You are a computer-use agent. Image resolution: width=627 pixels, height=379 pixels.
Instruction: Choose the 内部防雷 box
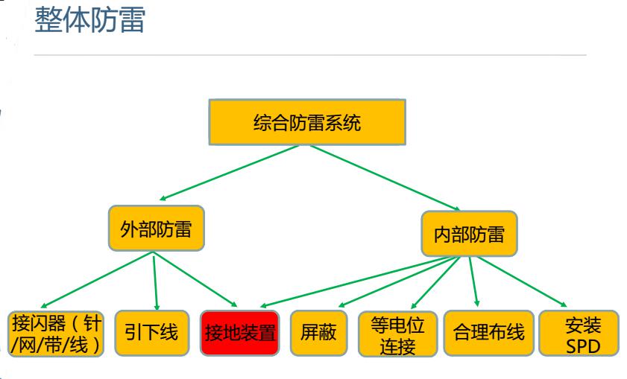[x=469, y=235]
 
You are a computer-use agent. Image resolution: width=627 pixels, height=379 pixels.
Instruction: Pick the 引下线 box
[x=151, y=331]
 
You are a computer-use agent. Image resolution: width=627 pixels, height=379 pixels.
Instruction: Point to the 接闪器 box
[x=57, y=332]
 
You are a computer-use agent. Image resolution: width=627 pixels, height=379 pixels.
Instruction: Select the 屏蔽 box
[x=319, y=332]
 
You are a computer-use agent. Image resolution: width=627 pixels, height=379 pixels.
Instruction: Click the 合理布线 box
[x=485, y=332]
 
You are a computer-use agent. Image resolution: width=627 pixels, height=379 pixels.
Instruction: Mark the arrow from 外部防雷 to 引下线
[x=156, y=280]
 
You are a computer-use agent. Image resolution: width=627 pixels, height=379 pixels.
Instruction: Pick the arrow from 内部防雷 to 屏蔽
[x=395, y=281]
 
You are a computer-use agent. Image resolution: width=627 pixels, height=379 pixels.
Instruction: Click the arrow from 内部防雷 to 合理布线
[x=473, y=282]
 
